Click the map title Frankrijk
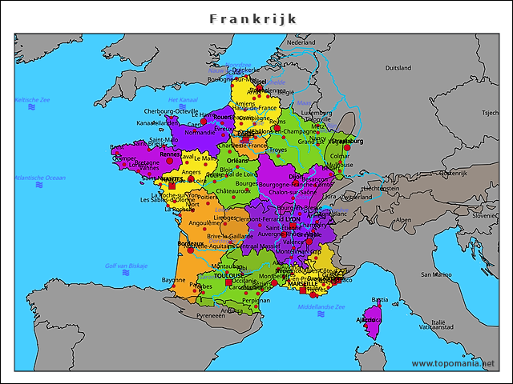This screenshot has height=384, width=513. point(253,18)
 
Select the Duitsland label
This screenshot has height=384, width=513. point(398,68)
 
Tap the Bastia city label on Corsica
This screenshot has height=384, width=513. point(380,300)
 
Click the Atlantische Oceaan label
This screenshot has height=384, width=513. point(40,178)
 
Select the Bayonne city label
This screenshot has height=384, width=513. point(173,280)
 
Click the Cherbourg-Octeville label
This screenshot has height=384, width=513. point(170,111)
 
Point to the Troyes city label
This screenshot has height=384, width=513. point(278,150)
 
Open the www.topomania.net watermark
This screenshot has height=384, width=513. point(453,363)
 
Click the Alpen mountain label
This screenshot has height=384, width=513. point(403,219)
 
